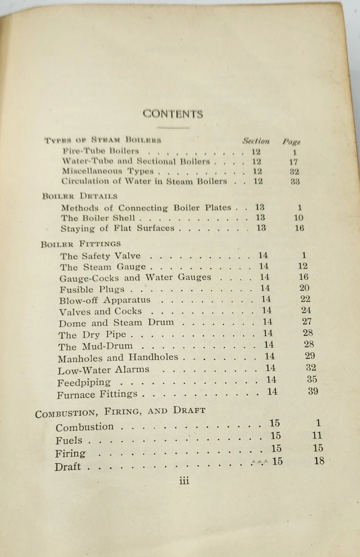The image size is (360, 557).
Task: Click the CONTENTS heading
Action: tap(173, 114)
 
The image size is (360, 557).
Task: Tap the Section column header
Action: tap(256, 141)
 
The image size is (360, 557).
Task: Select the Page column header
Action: tap(291, 141)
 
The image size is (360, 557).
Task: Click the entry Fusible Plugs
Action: tap(92, 289)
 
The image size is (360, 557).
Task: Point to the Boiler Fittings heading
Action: tap(81, 243)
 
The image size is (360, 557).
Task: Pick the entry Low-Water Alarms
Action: tap(103, 370)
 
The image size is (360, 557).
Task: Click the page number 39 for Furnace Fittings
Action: tap(313, 391)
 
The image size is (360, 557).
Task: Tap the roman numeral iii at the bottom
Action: tap(184, 481)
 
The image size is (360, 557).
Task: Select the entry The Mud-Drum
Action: tap(95, 346)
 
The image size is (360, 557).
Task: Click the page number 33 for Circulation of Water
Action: tap(295, 182)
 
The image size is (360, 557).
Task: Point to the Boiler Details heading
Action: tap(80, 196)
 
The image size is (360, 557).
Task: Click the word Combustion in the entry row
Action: tap(84, 427)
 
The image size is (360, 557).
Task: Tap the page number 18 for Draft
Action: tap(319, 461)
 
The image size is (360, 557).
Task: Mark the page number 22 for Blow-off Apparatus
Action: tap(305, 299)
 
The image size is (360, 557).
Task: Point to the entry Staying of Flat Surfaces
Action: tap(118, 228)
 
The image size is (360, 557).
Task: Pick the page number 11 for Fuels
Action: tap(317, 436)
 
